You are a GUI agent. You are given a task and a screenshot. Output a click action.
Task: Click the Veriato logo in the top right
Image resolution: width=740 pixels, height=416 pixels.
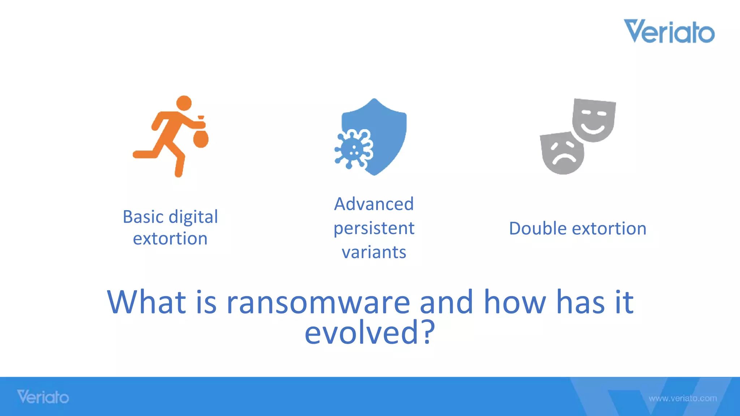[x=669, y=31]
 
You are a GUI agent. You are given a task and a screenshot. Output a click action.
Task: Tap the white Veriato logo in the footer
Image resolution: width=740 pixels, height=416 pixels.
[x=43, y=397]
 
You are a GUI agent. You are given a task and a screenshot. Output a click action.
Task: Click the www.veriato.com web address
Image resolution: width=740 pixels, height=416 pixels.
[x=683, y=398]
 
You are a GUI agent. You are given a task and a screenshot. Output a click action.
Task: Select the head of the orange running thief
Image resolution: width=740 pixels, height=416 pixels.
[x=184, y=103]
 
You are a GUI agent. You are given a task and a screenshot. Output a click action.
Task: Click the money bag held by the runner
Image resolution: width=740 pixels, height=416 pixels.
[x=201, y=138]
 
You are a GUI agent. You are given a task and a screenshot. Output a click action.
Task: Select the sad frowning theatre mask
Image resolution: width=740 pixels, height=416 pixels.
[x=562, y=153]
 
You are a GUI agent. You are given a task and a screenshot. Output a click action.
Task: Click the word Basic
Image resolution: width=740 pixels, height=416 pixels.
[x=143, y=217]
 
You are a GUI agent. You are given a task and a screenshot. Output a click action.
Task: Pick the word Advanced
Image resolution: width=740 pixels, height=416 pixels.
[x=374, y=204]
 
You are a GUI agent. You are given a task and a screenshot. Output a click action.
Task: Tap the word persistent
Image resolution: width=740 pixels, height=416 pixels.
[x=374, y=229]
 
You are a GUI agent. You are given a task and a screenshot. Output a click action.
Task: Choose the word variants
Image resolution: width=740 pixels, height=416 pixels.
[x=374, y=252]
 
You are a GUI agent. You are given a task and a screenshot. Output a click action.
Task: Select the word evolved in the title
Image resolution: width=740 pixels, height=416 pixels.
[x=361, y=333]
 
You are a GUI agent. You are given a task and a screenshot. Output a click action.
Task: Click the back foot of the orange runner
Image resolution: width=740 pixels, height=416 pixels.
[x=139, y=155]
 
